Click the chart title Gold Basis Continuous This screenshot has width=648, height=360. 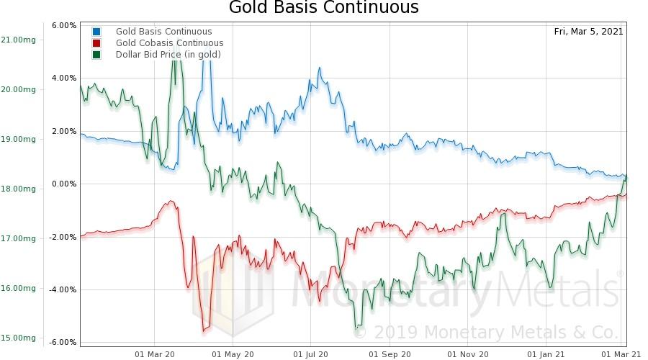[x=323, y=9]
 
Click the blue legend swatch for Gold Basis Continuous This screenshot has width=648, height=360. [x=96, y=32]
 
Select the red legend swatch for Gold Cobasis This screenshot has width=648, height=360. [x=96, y=43]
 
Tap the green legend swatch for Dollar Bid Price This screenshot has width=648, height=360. [x=96, y=55]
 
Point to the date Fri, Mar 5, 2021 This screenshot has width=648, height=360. [x=588, y=32]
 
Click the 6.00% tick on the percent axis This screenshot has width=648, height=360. [x=64, y=25]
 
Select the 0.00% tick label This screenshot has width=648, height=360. [x=64, y=184]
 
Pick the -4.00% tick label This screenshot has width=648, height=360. [x=63, y=289]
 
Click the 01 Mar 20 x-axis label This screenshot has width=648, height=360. [x=155, y=354]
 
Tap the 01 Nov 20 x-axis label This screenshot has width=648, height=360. [x=467, y=354]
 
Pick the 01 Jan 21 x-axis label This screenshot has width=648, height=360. [x=545, y=354]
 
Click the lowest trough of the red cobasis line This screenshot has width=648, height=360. [x=204, y=330]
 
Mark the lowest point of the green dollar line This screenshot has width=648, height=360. [x=356, y=328]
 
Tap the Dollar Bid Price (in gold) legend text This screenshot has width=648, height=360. [x=168, y=55]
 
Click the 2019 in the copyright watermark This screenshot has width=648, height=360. [x=395, y=333]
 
